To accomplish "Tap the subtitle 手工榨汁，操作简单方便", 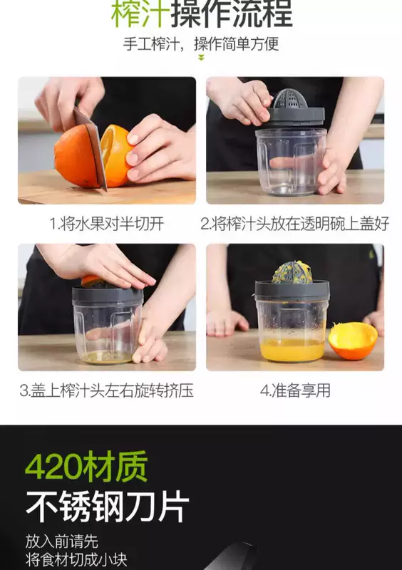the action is [x=201, y=44].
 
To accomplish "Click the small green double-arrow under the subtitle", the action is [x=201, y=58].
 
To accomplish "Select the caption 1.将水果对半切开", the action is [x=107, y=224].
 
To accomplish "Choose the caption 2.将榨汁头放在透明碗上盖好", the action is [x=295, y=224].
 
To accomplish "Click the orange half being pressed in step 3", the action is [x=91, y=280].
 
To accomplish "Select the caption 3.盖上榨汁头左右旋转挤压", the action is [x=106, y=390].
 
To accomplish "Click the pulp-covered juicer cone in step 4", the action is [x=292, y=272].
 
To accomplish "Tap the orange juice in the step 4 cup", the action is [x=292, y=349].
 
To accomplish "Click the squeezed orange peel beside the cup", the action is [x=353, y=341].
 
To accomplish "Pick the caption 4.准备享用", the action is [x=295, y=390].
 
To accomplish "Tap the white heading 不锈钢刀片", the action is [x=108, y=506].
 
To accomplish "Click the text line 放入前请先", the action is [x=62, y=541].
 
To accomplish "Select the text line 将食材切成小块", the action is [x=76, y=559].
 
